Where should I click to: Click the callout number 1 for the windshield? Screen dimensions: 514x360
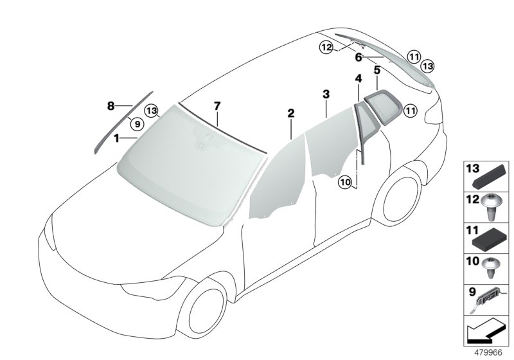116,138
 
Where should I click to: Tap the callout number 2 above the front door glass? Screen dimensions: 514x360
291,113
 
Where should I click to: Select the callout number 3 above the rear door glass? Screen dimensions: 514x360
326,94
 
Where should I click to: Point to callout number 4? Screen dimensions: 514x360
359,78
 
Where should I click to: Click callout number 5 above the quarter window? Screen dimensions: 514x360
377,70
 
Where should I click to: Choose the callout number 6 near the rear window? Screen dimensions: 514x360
359,57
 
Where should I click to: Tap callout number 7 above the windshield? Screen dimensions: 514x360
217,106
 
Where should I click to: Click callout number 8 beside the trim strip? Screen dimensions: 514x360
111,106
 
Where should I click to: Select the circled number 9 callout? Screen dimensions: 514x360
137,124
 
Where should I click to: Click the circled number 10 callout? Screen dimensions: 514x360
346,182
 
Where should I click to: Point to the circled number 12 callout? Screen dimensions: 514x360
326,48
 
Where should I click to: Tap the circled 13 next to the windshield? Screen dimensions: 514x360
152,111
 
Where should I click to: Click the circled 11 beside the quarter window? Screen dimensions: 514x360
411,111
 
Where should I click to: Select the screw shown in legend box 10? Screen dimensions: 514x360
490,267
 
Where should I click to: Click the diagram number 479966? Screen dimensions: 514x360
488,352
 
